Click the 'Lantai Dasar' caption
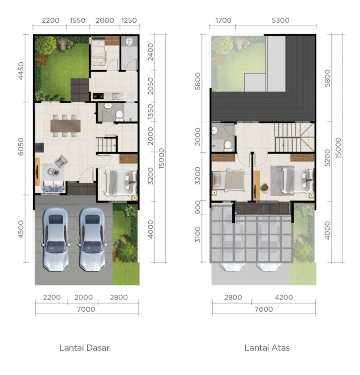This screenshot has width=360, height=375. [85, 348]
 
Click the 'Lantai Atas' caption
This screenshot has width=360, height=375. [267, 348]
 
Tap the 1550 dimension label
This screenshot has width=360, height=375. [78, 21]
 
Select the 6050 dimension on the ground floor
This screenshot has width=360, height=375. [21, 146]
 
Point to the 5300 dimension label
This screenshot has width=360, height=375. [280, 21]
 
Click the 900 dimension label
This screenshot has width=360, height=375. [198, 207]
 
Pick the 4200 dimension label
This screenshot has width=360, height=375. [284, 297]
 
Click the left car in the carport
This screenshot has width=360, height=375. [56, 240]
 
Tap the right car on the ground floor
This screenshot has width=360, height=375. [92, 240]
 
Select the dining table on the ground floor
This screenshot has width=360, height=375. [65, 126]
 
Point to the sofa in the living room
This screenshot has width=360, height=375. [53, 186]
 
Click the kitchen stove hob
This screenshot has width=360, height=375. [98, 96]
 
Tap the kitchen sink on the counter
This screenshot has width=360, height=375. [116, 96]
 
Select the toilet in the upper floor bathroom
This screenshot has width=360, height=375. [227, 146]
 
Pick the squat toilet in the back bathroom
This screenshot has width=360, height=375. [129, 42]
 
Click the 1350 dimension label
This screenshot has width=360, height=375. [150, 112]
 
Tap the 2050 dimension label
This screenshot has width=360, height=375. [150, 86]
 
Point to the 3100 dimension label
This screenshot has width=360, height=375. [198, 235]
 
